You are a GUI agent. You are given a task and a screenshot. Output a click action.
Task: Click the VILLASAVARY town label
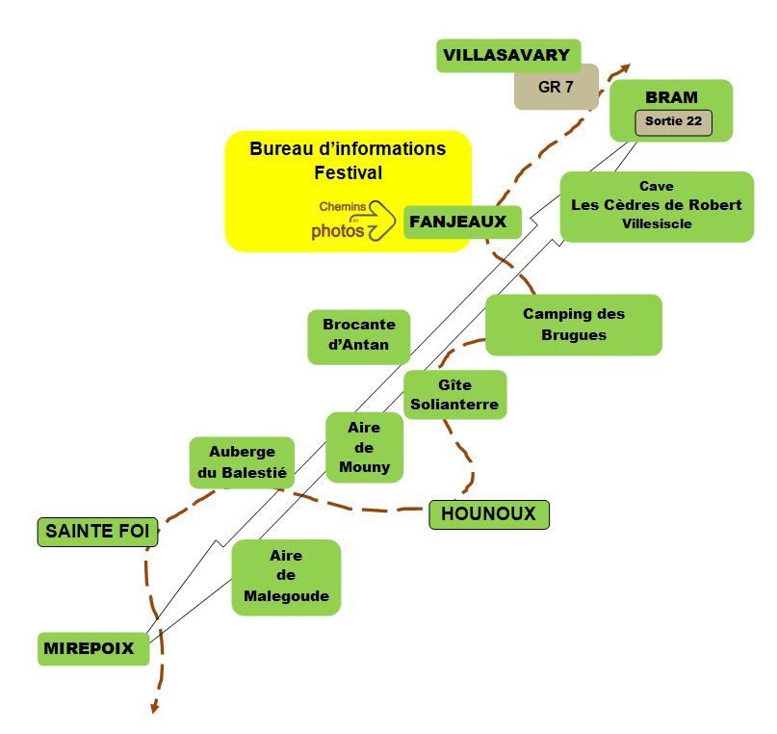point(507,55)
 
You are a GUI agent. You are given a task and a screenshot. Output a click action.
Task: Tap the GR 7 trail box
point(556,87)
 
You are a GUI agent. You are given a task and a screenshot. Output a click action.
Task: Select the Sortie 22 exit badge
point(672,122)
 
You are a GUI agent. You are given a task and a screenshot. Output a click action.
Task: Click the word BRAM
point(671,97)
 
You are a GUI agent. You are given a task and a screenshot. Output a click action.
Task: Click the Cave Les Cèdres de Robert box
point(656,205)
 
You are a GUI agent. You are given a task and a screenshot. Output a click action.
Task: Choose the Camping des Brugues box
point(573,325)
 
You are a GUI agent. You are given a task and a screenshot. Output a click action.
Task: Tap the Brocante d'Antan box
point(358,335)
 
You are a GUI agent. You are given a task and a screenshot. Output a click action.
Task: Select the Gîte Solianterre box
point(454,395)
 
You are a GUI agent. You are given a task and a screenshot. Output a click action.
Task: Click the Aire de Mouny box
point(365,447)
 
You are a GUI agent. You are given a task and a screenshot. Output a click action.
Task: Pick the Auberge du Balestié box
point(242,462)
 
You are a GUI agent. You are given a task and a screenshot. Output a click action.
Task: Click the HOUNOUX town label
point(488,514)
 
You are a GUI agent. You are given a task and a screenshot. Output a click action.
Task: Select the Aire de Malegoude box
point(286,576)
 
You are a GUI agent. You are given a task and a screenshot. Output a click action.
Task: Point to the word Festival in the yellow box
point(348,173)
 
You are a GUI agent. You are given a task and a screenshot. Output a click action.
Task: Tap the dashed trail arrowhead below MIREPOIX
point(153,711)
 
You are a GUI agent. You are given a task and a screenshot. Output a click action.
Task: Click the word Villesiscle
point(657,224)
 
